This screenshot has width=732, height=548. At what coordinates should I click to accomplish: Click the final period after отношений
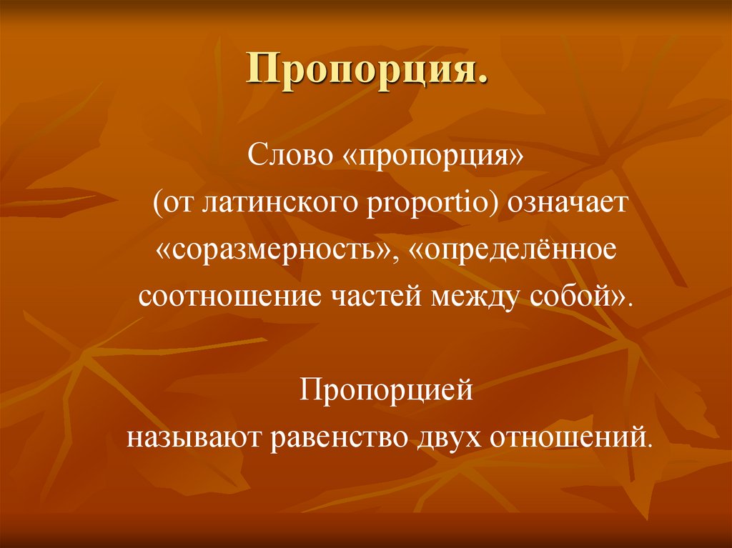pyautogui.click(x=650, y=444)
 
